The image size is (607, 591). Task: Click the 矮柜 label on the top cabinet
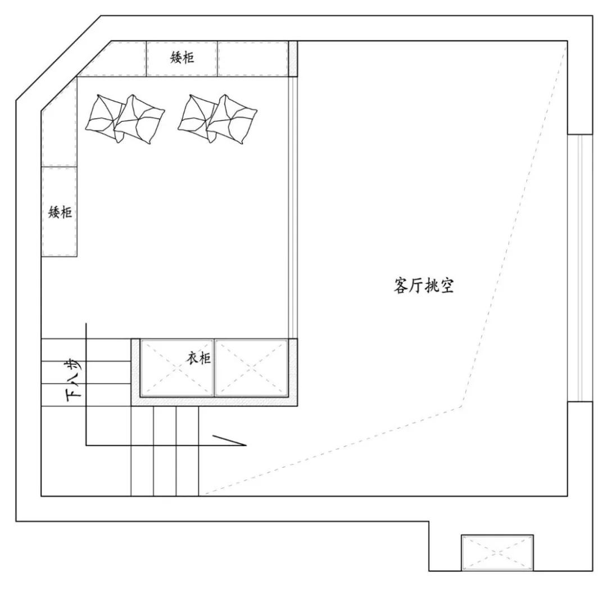pos(182,57)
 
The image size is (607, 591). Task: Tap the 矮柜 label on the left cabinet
pos(60,212)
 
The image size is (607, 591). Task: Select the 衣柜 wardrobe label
pos(200,358)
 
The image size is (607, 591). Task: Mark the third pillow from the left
pos(197,115)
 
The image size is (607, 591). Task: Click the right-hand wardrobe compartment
pos(251,368)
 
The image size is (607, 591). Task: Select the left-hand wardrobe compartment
pos(176,368)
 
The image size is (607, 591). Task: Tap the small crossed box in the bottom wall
pos(497,552)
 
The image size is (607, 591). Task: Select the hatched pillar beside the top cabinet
pos(292,58)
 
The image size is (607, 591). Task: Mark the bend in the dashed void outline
pos(461,405)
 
